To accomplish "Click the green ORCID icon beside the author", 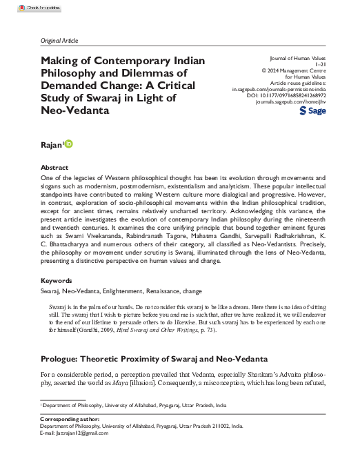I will click(68, 144).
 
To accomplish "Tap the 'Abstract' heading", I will click(54, 168).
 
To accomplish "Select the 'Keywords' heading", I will click(57, 282).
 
